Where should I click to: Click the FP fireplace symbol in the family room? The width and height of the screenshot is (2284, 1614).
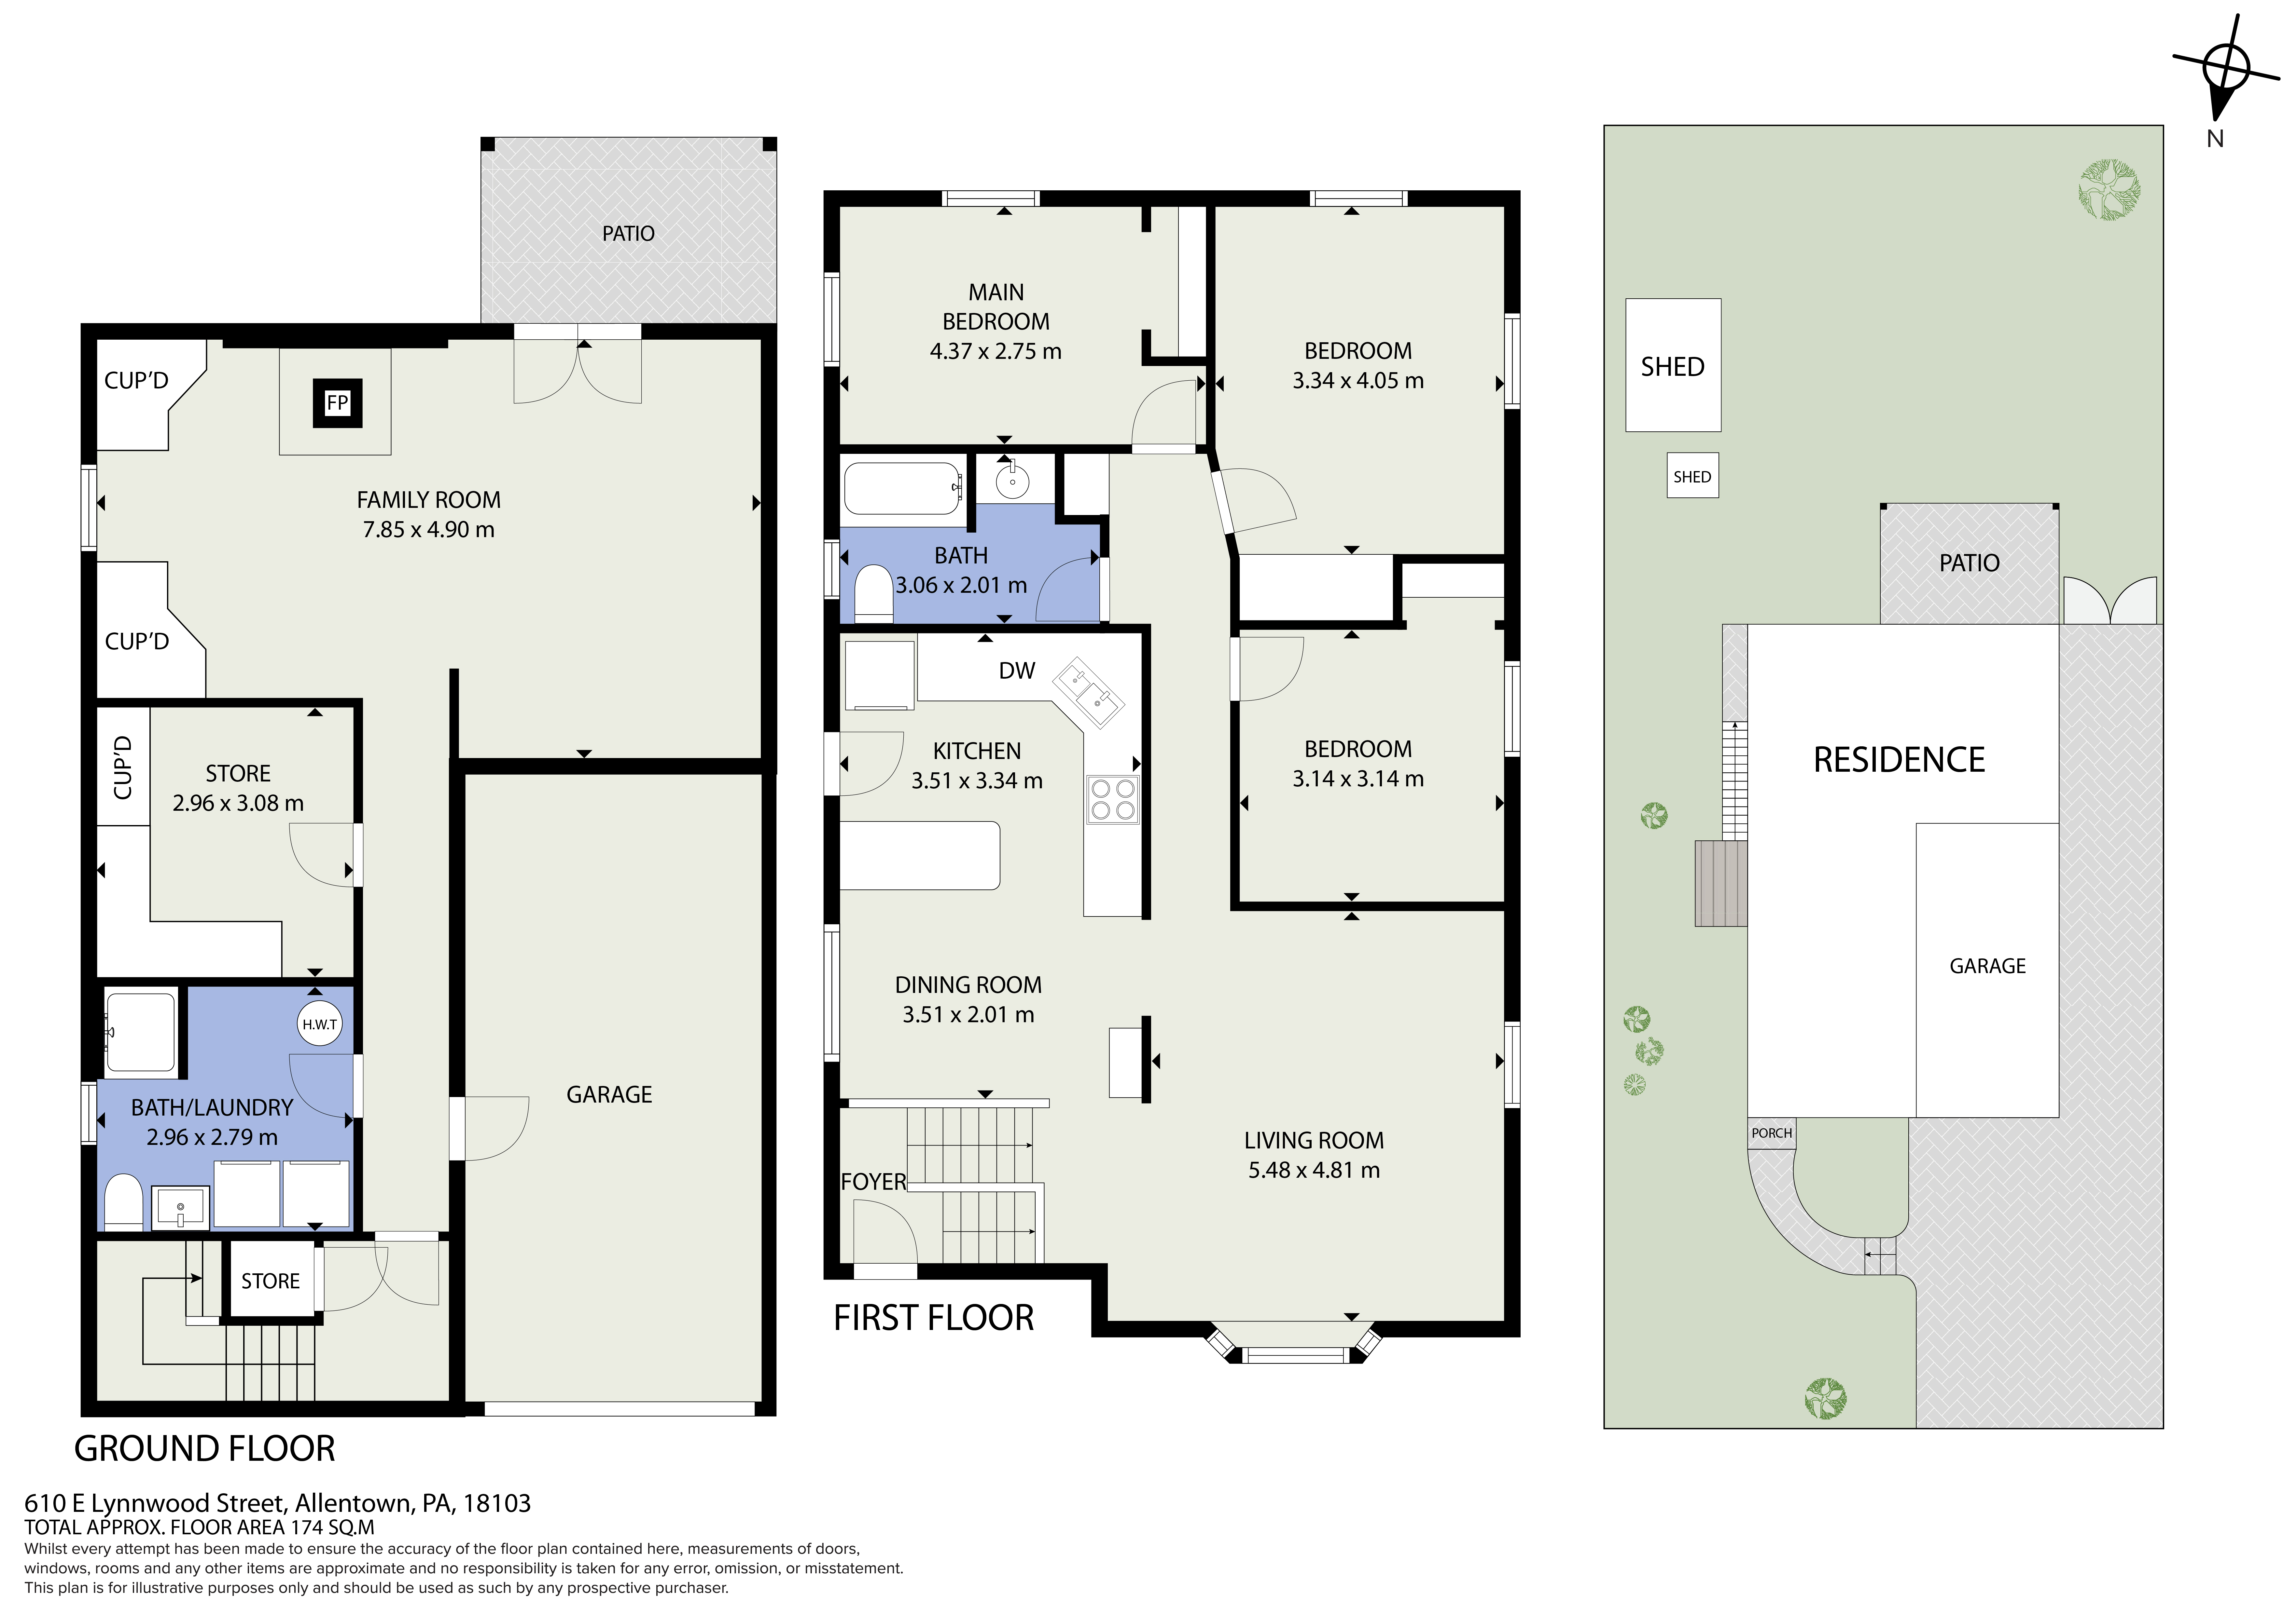coord(337,403)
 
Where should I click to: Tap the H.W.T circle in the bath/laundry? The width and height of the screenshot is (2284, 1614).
coord(319,1024)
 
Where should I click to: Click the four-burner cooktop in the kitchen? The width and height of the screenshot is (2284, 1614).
coord(1112,800)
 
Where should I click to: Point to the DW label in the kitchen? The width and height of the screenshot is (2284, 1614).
coord(1017,671)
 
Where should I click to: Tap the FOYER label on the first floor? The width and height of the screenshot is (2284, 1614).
coord(873,1181)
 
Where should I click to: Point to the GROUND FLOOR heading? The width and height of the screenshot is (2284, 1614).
coord(205,1449)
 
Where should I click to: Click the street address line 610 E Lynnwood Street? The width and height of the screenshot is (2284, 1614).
coord(278,1503)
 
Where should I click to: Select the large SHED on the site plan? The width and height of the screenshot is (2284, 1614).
coord(1672,366)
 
